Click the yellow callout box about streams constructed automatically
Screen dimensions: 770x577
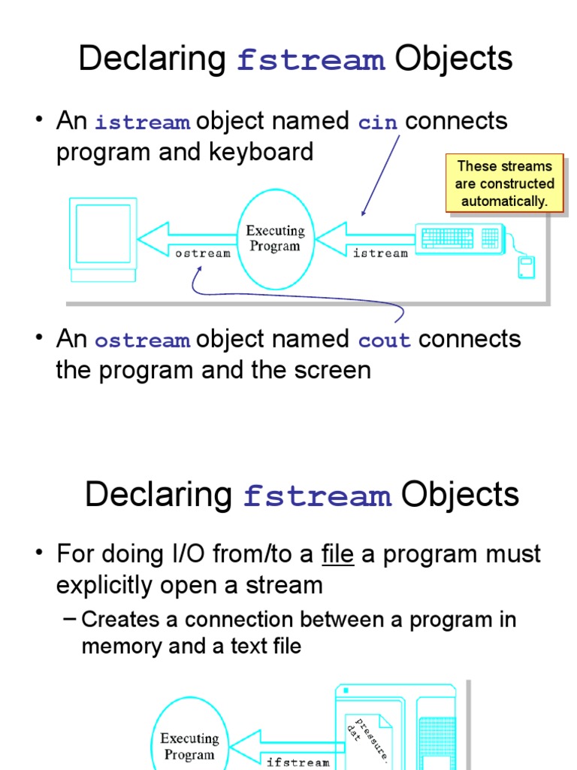click(504, 183)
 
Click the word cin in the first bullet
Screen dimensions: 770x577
click(378, 122)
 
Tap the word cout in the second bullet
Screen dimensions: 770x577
click(385, 340)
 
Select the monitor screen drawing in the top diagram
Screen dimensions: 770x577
click(104, 233)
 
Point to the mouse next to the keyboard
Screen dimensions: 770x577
click(526, 267)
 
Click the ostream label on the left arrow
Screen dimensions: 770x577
click(203, 253)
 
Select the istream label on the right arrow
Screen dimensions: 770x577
click(380, 253)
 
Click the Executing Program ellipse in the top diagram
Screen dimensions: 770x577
click(275, 238)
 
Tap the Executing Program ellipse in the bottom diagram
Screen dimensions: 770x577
click(189, 744)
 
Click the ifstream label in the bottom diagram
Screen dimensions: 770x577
click(298, 762)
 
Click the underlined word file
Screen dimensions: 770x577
click(337, 555)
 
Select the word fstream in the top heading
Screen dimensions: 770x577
click(311, 60)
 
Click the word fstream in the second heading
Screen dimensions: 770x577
click(317, 496)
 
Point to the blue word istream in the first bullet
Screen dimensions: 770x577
click(142, 122)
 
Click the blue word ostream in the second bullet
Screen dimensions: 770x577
click(142, 340)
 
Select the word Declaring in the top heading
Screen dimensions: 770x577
click(153, 59)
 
